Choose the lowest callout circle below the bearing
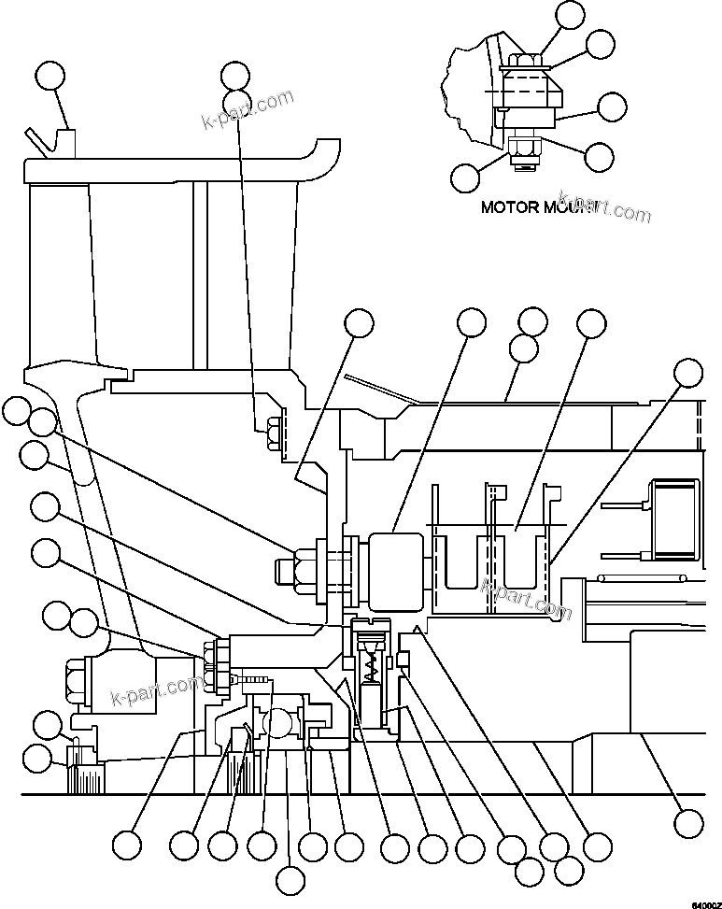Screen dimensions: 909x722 tap(291, 880)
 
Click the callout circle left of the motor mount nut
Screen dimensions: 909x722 tap(466, 177)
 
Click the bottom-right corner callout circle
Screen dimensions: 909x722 tap(688, 823)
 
